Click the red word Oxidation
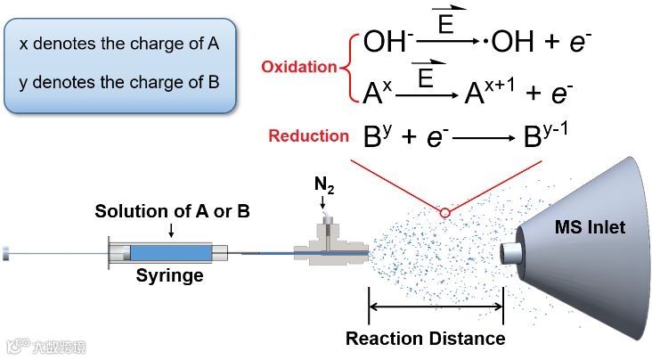coord(298,67)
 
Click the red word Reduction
coord(308,135)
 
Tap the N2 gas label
coord(324,187)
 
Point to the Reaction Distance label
coord(425,339)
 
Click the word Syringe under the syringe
coord(169,275)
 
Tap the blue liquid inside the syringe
coord(170,252)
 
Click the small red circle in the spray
coord(444,212)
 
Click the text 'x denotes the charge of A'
coord(119,43)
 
